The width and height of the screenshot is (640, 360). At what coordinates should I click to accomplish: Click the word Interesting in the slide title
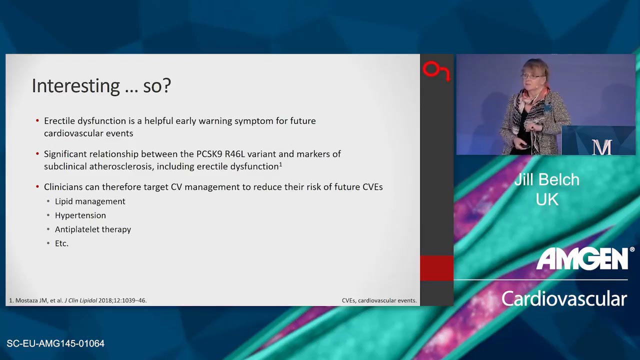[76, 86]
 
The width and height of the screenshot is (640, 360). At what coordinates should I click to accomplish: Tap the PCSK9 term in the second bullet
[209, 154]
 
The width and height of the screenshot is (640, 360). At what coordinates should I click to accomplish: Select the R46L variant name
[235, 154]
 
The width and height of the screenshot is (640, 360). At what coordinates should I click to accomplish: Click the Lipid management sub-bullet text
[90, 201]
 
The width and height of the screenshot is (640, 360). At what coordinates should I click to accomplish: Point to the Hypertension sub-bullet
[80, 215]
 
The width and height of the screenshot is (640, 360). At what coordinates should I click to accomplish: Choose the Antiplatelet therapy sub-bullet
[93, 229]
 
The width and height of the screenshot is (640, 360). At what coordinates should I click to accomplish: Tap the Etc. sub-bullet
[61, 243]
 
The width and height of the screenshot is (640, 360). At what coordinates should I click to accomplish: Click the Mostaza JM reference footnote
[77, 300]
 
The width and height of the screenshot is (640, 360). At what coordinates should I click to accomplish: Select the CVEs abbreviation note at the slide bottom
[379, 300]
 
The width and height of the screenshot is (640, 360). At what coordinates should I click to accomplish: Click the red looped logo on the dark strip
[435, 71]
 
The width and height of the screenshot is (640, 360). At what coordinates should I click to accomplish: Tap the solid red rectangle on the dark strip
[436, 268]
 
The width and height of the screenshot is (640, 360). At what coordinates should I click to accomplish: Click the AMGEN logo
[583, 258]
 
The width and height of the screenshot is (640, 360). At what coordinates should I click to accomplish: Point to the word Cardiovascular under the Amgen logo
[564, 298]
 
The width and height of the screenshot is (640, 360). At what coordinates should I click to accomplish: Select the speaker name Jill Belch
[547, 179]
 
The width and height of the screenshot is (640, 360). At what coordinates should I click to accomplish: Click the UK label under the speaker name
[547, 199]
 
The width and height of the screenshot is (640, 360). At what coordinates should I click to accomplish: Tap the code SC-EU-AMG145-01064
[55, 343]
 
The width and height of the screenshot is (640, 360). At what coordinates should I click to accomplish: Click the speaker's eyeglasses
[531, 76]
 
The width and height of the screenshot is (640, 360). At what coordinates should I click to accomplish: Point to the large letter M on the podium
[601, 147]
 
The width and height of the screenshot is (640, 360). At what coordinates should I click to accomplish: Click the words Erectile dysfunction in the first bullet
[85, 121]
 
